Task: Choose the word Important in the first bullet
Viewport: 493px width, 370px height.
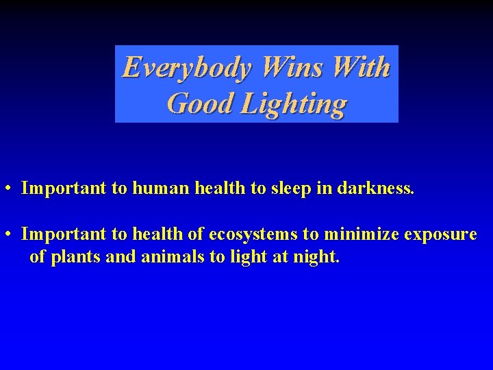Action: [64, 188]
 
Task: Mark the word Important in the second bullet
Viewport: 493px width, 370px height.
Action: [64, 234]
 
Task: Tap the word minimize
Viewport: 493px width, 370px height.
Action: [361, 234]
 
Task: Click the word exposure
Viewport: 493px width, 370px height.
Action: [440, 235]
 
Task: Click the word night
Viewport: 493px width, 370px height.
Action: [316, 258]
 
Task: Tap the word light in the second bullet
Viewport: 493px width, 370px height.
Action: [257, 258]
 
